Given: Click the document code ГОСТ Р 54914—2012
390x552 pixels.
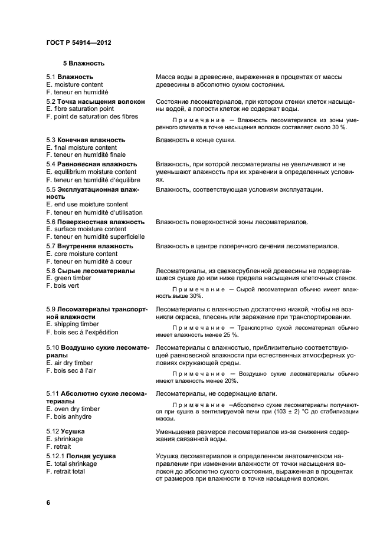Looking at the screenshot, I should point(78,43).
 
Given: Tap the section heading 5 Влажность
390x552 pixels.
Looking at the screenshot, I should point(84,63).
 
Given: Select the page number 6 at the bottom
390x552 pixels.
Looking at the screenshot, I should point(48,502).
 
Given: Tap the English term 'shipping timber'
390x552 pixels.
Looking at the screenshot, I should point(73,324).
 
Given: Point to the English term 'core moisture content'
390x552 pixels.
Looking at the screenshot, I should point(81,254).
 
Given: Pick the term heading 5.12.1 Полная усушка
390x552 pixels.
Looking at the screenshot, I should point(81,456).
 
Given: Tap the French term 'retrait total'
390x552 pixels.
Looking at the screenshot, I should point(65,472).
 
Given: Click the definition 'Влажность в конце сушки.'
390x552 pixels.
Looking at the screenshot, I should point(195,140).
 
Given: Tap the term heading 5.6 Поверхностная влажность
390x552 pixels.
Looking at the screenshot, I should point(95,222).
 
